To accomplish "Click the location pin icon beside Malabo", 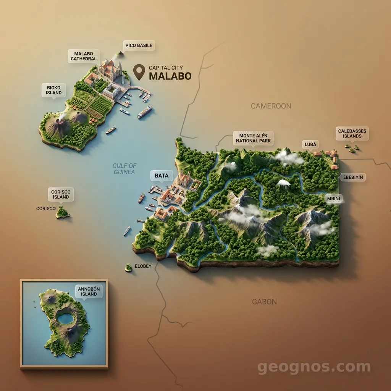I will [x=139, y=71].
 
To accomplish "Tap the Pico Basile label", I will [x=139, y=45].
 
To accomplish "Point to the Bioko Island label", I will [x=53, y=90].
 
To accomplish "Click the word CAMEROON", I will [x=271, y=106].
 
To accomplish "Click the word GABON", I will [x=264, y=302].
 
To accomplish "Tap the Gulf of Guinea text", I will [x=124, y=169].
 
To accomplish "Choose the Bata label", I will [x=162, y=176].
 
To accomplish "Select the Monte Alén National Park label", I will [x=253, y=138].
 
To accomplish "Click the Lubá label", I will [x=310, y=144].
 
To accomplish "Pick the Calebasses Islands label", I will [x=352, y=134].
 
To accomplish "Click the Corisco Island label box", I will [x=61, y=194].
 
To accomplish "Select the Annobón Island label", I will [x=89, y=291].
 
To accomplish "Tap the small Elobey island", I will [x=128, y=268].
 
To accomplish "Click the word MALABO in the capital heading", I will [x=170, y=76].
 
